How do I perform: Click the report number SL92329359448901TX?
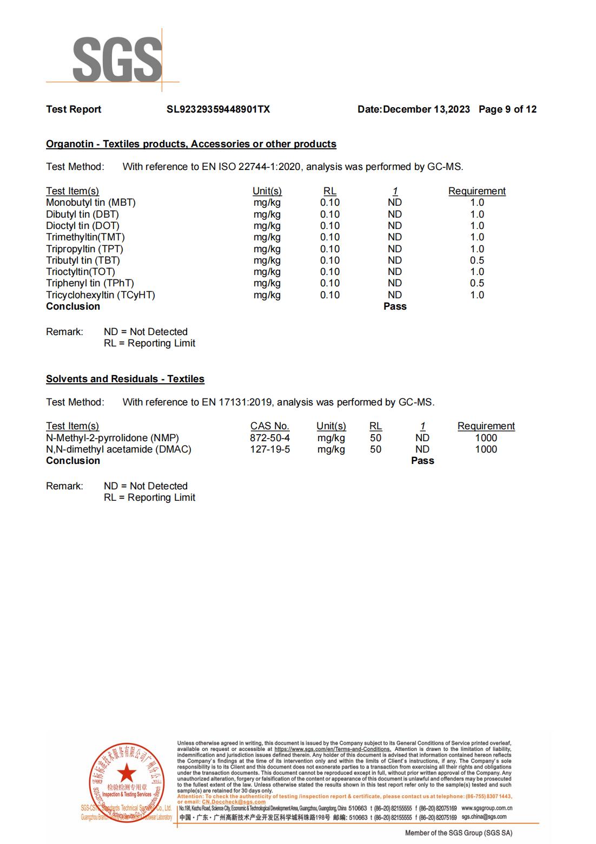click(218, 109)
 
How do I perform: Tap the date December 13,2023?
click(426, 109)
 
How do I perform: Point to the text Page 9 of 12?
click(507, 109)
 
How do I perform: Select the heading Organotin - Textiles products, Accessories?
click(191, 144)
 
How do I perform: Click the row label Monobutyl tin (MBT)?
click(91, 202)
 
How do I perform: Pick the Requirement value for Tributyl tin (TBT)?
click(477, 260)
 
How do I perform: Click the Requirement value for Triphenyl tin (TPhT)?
click(477, 283)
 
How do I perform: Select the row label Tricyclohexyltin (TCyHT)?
click(101, 295)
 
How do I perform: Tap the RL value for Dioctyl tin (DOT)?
click(330, 226)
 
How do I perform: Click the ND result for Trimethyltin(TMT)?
click(395, 237)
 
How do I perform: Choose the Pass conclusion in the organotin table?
click(395, 306)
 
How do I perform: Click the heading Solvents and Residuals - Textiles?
click(125, 379)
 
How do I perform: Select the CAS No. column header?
click(269, 426)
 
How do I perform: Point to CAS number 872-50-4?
click(269, 438)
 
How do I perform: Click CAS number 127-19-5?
click(269, 449)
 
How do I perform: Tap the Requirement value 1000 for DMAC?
click(486, 449)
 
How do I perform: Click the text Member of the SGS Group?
click(459, 833)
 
